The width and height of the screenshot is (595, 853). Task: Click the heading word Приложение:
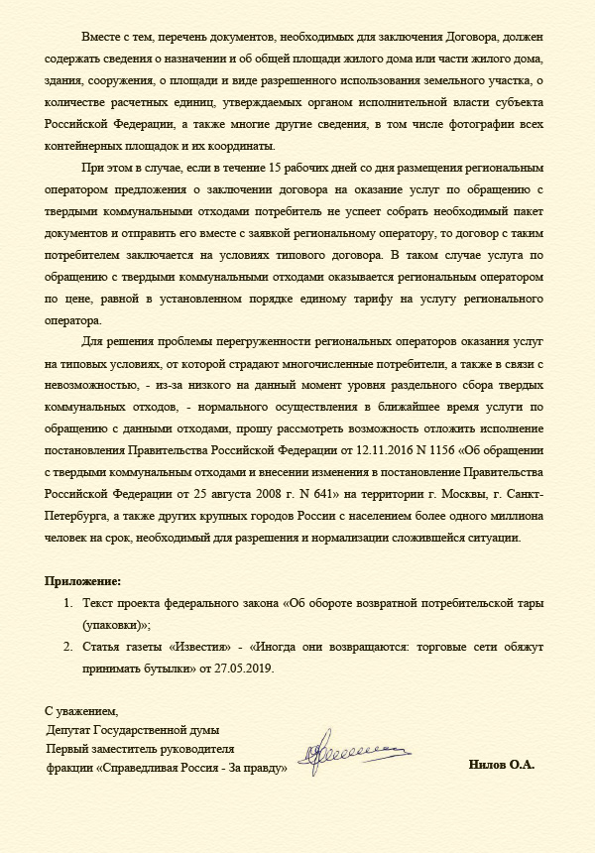tap(83, 579)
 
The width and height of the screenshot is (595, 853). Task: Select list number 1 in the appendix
tap(68, 604)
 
